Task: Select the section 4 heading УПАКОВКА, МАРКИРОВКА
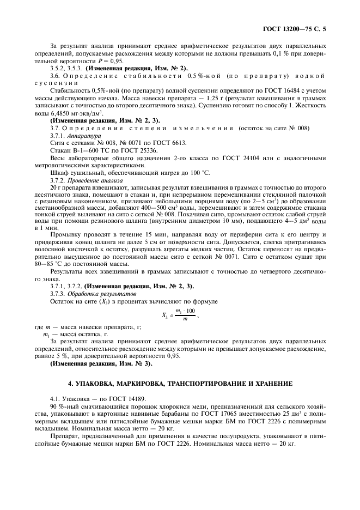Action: [180, 384]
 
